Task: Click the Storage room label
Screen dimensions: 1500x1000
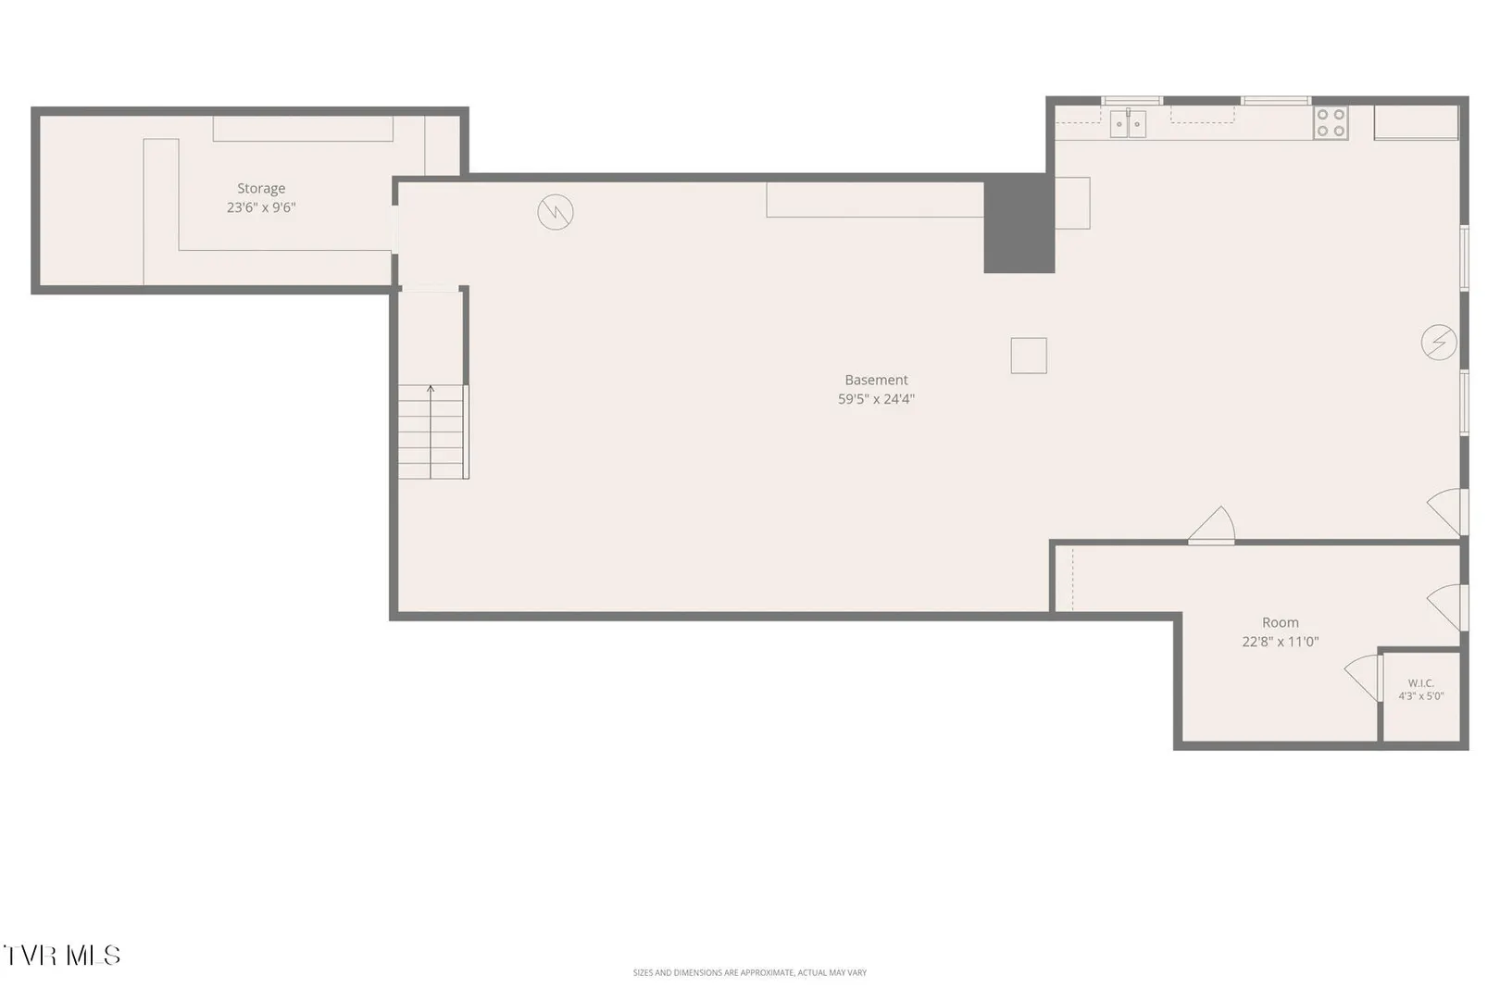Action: pyautogui.click(x=260, y=188)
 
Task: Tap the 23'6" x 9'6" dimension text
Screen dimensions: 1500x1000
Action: pyautogui.click(x=260, y=207)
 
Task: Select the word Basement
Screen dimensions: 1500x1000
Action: pyautogui.click(x=876, y=380)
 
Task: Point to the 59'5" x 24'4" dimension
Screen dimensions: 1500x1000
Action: pyautogui.click(x=876, y=398)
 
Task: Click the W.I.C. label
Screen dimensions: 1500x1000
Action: pyautogui.click(x=1420, y=683)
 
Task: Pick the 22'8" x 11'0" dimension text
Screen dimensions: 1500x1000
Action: pyautogui.click(x=1280, y=641)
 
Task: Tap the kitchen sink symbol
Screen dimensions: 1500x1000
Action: pyautogui.click(x=1128, y=124)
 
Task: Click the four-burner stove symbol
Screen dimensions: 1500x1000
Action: pyautogui.click(x=1330, y=122)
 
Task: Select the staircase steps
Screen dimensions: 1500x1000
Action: pyautogui.click(x=431, y=431)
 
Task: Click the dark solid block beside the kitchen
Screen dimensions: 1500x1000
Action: pyautogui.click(x=1019, y=223)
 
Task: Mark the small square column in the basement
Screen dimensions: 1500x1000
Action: pyautogui.click(x=1029, y=356)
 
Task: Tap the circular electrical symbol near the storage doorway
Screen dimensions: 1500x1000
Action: pyautogui.click(x=556, y=212)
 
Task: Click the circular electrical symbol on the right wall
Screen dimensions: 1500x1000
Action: pyautogui.click(x=1438, y=343)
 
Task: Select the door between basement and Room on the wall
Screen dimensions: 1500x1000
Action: pyautogui.click(x=1212, y=526)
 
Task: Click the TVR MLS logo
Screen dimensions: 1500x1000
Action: pyautogui.click(x=62, y=956)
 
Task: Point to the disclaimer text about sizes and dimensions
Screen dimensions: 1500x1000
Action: pyautogui.click(x=749, y=972)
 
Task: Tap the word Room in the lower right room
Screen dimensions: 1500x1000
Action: pyautogui.click(x=1280, y=622)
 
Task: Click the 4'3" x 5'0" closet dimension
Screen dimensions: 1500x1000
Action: pyautogui.click(x=1420, y=696)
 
